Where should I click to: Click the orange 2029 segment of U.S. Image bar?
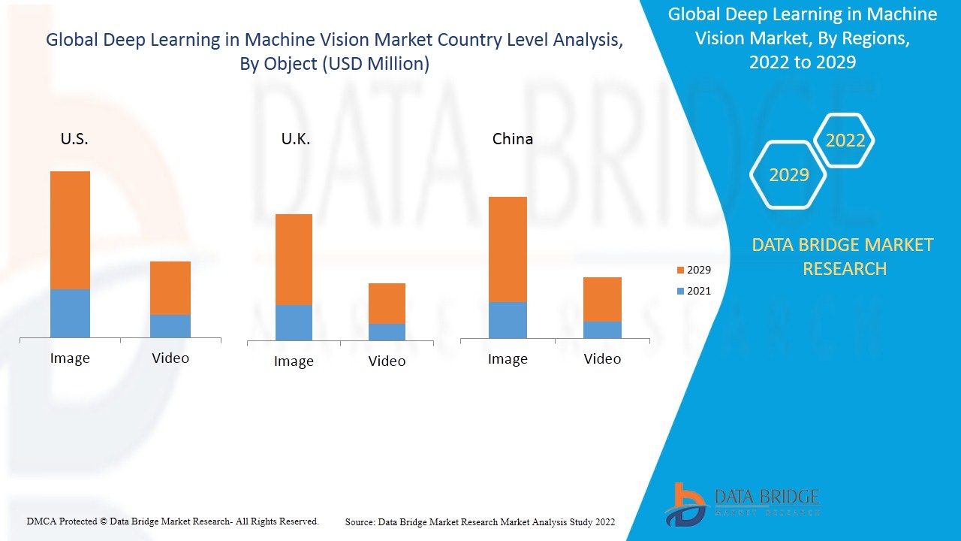[70, 230]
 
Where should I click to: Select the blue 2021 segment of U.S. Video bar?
[170, 326]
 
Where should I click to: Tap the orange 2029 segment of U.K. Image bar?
[294, 259]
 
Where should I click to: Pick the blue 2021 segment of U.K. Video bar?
[387, 332]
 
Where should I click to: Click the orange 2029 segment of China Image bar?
[508, 249]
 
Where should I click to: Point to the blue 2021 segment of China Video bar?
[602, 330]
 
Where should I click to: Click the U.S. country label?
[74, 139]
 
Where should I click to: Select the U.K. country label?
[295, 139]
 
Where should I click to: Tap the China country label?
[513, 139]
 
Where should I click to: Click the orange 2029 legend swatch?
[680, 270]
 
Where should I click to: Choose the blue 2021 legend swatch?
[680, 291]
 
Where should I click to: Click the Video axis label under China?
[602, 358]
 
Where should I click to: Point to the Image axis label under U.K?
[294, 361]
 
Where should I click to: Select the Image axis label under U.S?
[70, 358]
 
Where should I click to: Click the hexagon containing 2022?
[845, 141]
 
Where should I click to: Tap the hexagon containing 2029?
[788, 175]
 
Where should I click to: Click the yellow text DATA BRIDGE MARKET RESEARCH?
[842, 256]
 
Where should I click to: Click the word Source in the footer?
[360, 521]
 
